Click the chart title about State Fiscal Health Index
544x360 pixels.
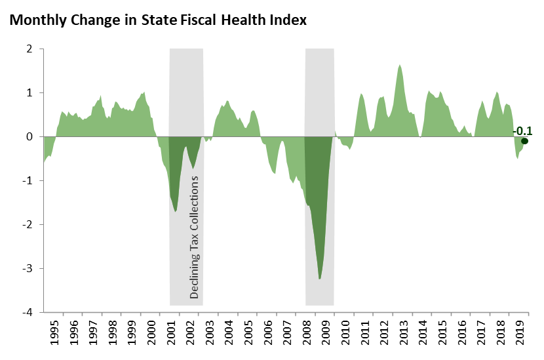(158, 20)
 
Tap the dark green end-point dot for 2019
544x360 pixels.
(524, 141)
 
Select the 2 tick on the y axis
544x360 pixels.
(29, 49)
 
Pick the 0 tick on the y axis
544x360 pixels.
(29, 137)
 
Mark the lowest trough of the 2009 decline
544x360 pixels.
(319, 279)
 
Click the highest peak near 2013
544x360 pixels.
(400, 65)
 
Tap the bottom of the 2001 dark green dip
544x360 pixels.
(176, 211)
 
